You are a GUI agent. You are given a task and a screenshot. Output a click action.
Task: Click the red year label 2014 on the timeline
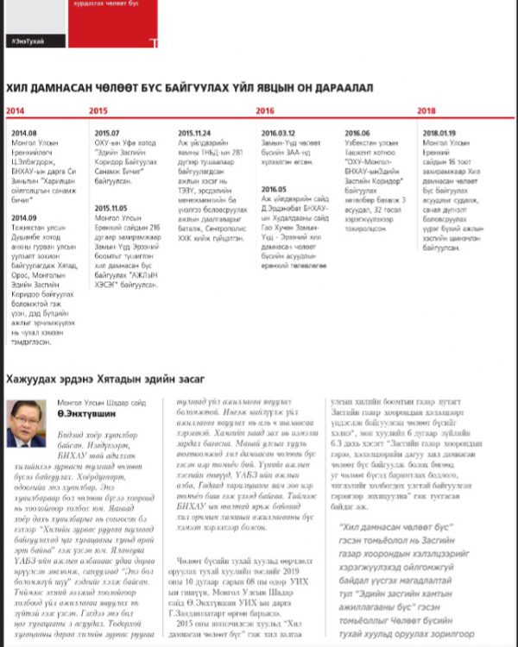(x=14, y=111)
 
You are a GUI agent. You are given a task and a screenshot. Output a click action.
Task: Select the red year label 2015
(x=98, y=111)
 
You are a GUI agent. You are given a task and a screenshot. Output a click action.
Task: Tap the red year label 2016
(x=265, y=111)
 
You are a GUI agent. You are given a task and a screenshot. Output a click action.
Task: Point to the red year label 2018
(x=426, y=111)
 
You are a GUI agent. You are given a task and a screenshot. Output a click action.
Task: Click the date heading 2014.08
(x=24, y=133)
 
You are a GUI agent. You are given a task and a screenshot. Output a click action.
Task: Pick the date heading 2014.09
(x=24, y=217)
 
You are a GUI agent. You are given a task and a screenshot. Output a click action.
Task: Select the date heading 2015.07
(x=107, y=133)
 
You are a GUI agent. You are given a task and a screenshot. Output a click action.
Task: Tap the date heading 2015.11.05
(x=111, y=208)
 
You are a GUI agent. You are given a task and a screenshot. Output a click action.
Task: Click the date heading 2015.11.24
(x=194, y=133)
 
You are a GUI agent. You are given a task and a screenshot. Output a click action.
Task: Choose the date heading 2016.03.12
(x=278, y=133)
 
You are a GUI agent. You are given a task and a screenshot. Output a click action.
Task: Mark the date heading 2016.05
(x=274, y=189)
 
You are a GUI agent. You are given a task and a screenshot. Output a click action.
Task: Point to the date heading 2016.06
(x=357, y=133)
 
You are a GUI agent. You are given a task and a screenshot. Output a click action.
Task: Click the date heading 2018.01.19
(x=440, y=133)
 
